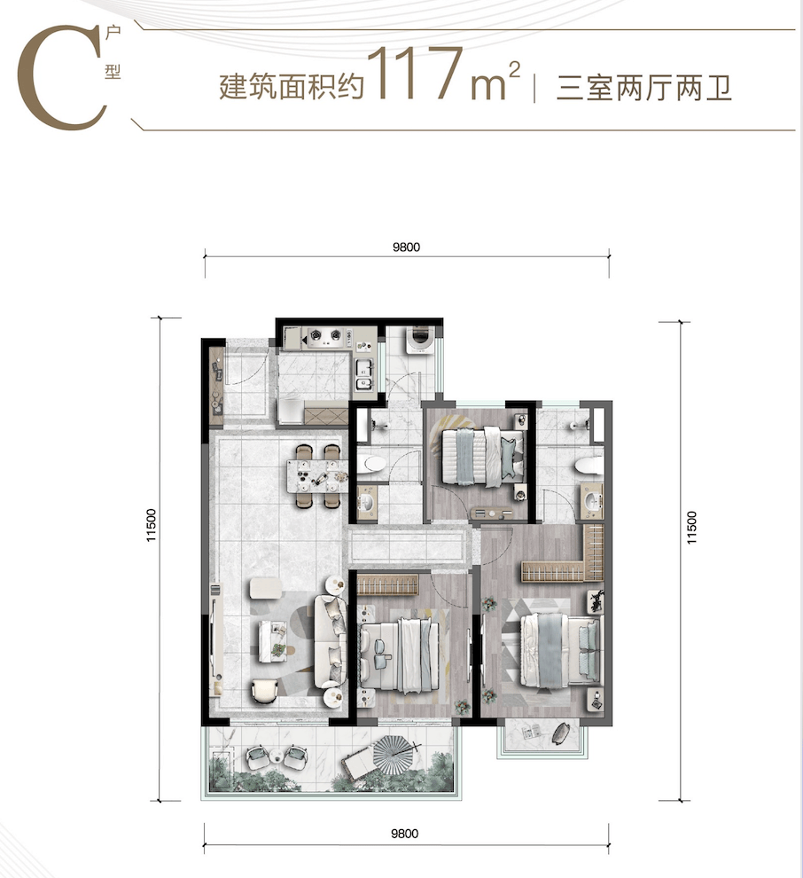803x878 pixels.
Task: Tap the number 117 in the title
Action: point(415,73)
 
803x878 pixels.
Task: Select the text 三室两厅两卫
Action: point(644,89)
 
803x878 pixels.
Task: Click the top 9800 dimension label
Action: point(406,247)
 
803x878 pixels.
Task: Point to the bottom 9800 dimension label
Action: point(404,834)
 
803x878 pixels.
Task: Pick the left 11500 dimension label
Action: point(151,525)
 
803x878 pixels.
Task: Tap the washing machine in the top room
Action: point(418,340)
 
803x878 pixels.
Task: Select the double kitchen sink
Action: point(364,374)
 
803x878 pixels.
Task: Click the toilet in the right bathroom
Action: point(588,464)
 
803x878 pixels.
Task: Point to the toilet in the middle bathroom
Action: point(372,463)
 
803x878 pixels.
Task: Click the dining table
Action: point(317,476)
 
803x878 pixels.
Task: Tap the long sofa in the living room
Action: point(331,641)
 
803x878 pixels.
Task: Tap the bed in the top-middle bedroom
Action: point(483,456)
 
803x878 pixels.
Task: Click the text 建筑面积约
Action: point(292,88)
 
